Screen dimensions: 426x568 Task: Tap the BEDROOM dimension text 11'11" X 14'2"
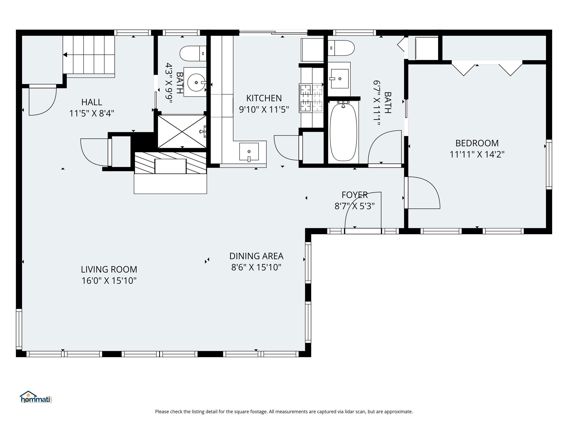tap(477, 154)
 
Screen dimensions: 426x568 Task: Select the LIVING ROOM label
tap(109, 269)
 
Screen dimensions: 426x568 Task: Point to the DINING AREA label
tap(256, 256)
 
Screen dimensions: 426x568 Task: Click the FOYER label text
tap(354, 195)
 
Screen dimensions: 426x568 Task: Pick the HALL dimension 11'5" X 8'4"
tap(92, 113)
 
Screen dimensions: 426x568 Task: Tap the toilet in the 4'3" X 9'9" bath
tap(193, 53)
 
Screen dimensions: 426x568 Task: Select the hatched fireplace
tap(170, 163)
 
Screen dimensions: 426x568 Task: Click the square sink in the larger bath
tap(339, 79)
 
